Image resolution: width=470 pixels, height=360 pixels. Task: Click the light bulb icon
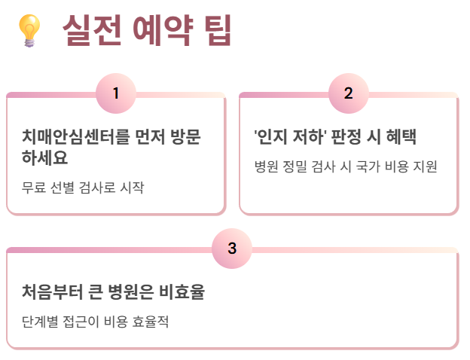coord(29,31)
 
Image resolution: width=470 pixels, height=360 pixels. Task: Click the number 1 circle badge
coord(116,93)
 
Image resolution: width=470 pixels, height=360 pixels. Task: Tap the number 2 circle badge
coord(349,93)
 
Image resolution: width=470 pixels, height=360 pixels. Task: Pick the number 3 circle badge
coord(232,248)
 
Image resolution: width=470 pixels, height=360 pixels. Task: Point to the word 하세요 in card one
coord(45,158)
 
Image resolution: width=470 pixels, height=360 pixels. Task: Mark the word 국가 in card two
coord(362,166)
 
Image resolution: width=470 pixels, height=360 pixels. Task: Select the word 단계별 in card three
coord(41,321)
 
